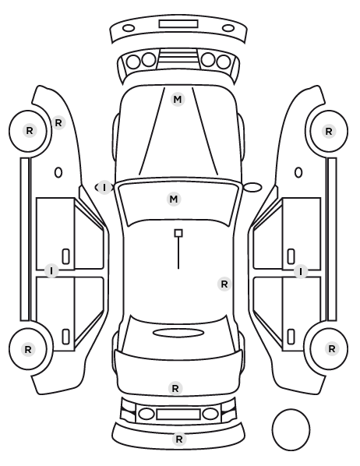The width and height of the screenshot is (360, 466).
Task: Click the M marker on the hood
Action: (x=178, y=99)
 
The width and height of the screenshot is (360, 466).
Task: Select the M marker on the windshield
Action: (x=174, y=199)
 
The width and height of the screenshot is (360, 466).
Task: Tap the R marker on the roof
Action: (x=224, y=284)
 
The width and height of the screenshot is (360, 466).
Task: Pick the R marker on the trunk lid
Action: (x=175, y=388)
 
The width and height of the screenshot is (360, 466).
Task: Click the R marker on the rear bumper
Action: (x=179, y=439)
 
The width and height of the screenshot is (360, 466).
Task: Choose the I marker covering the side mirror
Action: (x=104, y=188)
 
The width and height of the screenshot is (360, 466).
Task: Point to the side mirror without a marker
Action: (x=252, y=187)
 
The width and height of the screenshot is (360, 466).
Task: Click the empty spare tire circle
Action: (x=291, y=429)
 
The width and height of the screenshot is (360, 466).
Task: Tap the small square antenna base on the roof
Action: (x=178, y=233)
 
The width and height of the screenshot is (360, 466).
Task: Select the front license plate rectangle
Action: (x=178, y=24)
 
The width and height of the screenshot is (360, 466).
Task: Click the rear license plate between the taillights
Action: (x=178, y=415)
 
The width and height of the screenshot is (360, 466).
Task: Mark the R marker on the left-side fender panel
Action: (x=58, y=122)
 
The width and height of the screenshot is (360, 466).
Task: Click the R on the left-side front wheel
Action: (x=30, y=130)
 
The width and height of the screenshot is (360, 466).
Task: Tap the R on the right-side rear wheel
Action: (x=332, y=348)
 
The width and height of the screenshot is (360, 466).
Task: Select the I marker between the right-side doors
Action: (x=301, y=272)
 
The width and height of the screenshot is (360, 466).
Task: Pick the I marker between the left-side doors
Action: (x=51, y=271)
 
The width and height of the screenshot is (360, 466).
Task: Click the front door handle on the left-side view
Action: (x=65, y=256)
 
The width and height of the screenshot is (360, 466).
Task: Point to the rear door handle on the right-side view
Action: (x=291, y=337)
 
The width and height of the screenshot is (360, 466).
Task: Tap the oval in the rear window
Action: (x=178, y=333)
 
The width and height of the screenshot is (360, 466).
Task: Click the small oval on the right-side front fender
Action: (x=298, y=173)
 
